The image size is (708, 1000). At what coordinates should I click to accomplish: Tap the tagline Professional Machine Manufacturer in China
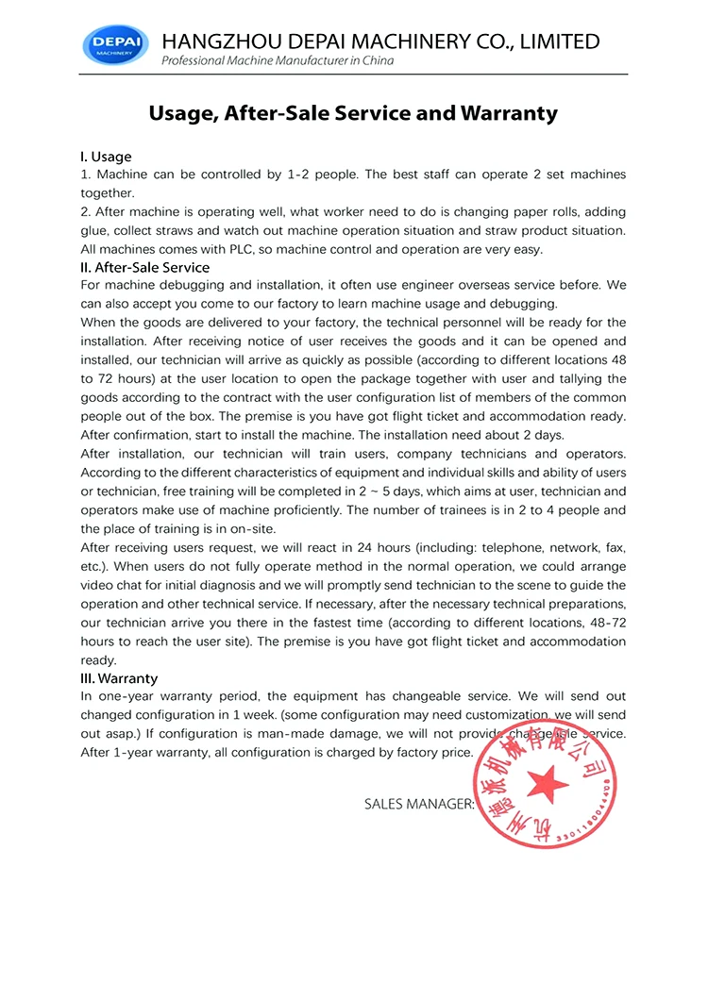[x=278, y=61]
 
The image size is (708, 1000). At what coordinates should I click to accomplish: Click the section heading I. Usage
[x=106, y=157]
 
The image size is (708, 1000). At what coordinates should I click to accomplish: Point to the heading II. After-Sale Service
[x=145, y=267]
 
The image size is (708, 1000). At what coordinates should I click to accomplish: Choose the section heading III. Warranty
[x=119, y=678]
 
